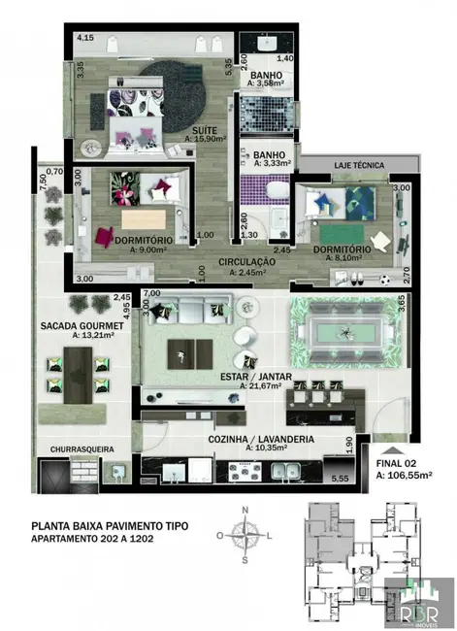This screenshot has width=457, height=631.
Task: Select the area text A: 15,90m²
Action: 205,139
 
